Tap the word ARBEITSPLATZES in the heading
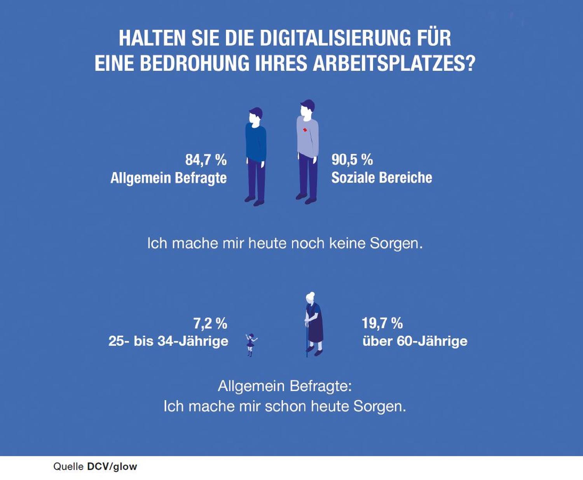tap(394, 63)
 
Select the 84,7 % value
tap(206, 160)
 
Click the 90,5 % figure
tap(352, 159)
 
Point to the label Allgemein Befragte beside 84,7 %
tap(168, 178)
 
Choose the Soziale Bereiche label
tap(381, 178)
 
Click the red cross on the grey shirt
tap(305, 129)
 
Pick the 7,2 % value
tap(210, 323)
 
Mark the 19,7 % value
tap(382, 323)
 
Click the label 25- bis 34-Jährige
tap(168, 341)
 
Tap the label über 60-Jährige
tap(414, 341)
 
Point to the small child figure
tap(251, 344)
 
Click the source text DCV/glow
tap(112, 466)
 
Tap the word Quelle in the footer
tap(68, 466)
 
